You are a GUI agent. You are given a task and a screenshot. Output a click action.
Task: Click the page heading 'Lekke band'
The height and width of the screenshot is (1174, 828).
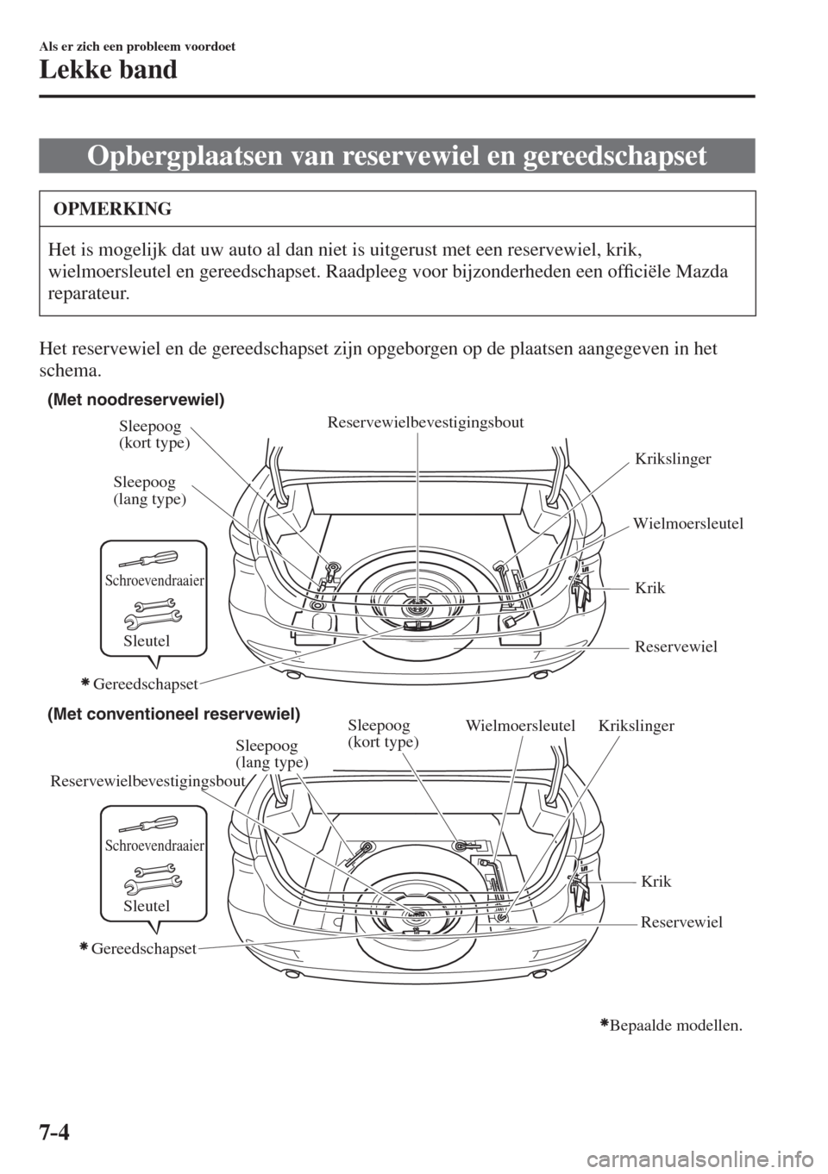point(108,70)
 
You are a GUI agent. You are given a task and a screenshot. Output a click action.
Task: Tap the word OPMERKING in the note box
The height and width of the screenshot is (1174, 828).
point(112,209)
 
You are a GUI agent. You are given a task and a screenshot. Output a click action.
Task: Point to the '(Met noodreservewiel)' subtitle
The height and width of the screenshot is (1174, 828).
point(135,401)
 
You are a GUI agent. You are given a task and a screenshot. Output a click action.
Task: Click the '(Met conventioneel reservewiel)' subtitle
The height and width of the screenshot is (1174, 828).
point(173,714)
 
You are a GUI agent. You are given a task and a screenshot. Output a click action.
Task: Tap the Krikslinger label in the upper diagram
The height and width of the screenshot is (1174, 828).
point(673,459)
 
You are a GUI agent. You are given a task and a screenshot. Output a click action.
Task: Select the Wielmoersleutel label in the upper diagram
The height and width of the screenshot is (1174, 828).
point(688,523)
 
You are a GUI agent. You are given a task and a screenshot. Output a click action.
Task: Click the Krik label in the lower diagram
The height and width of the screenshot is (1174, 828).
point(656,881)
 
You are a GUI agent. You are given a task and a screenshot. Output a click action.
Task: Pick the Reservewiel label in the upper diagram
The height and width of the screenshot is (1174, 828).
point(676,646)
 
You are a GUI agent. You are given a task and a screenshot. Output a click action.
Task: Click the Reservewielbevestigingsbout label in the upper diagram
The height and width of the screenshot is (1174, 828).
point(425,422)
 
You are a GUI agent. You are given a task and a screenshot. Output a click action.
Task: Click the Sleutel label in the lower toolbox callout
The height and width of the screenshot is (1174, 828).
point(147,905)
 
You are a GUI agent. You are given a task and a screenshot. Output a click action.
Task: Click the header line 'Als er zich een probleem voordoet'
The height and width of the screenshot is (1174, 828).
point(137,47)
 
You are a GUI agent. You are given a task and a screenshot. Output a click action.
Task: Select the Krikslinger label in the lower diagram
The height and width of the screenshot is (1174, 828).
point(636,726)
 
